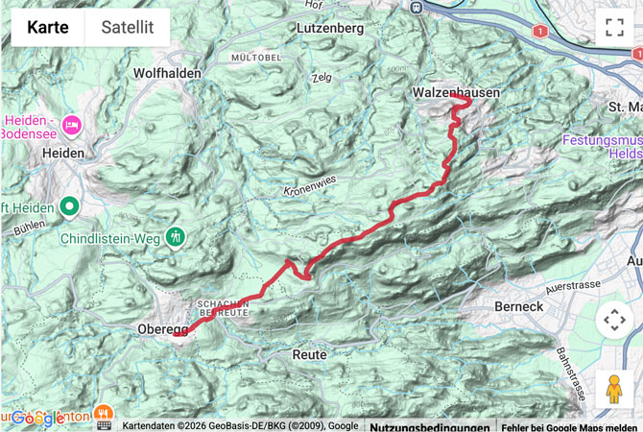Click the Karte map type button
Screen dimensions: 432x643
tap(48, 28)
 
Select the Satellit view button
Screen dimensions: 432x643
tap(128, 28)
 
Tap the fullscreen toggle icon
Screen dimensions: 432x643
tap(614, 27)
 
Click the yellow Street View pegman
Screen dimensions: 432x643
tap(614, 389)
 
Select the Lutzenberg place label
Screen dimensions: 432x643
tap(331, 29)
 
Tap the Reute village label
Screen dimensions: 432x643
tap(309, 354)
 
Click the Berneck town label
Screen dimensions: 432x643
tap(519, 306)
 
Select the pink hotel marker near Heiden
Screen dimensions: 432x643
tap(71, 125)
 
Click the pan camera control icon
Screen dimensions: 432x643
tap(614, 320)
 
